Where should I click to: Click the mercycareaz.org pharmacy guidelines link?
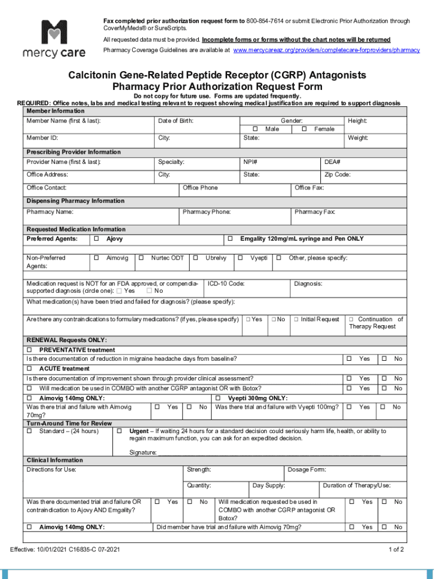[x=326, y=50]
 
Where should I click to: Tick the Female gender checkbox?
[x=304, y=129]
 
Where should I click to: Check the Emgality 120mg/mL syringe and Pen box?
[x=230, y=239]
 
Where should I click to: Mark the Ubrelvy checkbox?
[x=195, y=258]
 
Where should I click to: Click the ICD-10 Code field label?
[x=226, y=284]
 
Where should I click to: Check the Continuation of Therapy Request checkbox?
[x=351, y=319]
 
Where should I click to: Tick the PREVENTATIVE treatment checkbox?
[x=29, y=350]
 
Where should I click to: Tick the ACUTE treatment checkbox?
[x=29, y=369]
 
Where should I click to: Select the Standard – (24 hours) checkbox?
[x=29, y=431]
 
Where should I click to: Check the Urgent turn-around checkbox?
[x=119, y=431]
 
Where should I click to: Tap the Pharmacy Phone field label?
[x=206, y=212]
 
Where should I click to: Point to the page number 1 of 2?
[x=395, y=550]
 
